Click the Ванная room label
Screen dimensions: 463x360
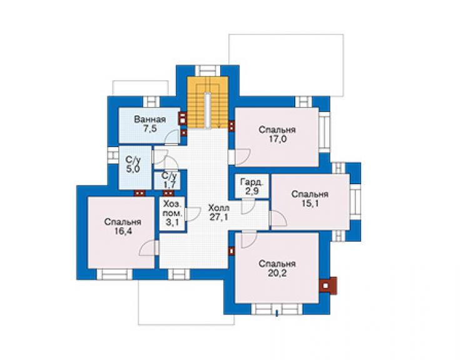(150, 120)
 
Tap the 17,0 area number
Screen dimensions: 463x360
(277, 139)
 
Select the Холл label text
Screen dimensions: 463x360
(218, 207)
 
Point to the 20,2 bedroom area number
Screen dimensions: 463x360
(277, 273)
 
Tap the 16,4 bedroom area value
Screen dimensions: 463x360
(123, 231)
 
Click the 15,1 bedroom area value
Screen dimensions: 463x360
(310, 203)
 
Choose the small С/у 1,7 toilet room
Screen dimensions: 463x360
(170, 180)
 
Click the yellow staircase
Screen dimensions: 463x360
(208, 102)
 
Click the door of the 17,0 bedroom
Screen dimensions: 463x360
(239, 157)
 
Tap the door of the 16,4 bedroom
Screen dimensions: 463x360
(150, 248)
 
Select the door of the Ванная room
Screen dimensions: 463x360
(172, 137)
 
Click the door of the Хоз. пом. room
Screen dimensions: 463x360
(193, 214)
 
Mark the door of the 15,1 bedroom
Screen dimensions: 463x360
(278, 219)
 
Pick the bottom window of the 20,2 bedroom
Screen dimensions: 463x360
(277, 310)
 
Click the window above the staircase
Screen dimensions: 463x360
(208, 71)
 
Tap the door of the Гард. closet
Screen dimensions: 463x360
(248, 207)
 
